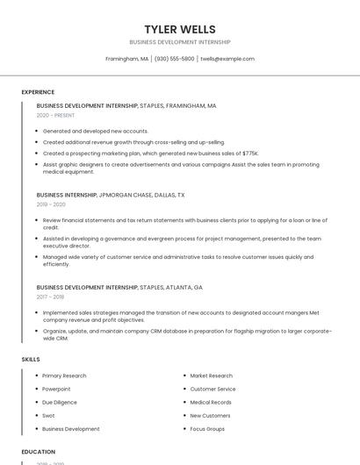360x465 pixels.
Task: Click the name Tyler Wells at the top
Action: pos(180,30)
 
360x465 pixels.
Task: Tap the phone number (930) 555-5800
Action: pos(174,59)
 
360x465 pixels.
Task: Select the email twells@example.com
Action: pos(227,59)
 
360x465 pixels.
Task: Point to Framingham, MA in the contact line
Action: pos(126,59)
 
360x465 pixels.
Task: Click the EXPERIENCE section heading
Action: pos(38,92)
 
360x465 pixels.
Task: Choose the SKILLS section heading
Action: pos(31,360)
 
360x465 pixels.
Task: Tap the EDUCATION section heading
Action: pos(39,452)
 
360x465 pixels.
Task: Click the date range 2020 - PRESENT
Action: pos(55,115)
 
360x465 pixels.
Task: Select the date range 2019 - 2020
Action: pos(51,204)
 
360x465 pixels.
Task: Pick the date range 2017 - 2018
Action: pos(51,297)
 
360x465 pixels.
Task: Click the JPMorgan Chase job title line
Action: pos(111,195)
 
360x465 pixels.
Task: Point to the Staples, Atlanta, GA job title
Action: pos(119,287)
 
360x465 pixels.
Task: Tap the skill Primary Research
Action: pos(64,376)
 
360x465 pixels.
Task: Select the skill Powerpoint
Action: pos(56,389)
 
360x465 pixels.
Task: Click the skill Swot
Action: pos(48,416)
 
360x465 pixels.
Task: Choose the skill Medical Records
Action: pos(211,403)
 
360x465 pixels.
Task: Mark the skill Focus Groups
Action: pos(207,429)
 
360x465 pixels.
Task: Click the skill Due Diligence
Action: pos(59,403)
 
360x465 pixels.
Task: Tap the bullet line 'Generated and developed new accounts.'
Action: pos(95,131)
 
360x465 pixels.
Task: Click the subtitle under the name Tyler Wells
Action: pos(180,42)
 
